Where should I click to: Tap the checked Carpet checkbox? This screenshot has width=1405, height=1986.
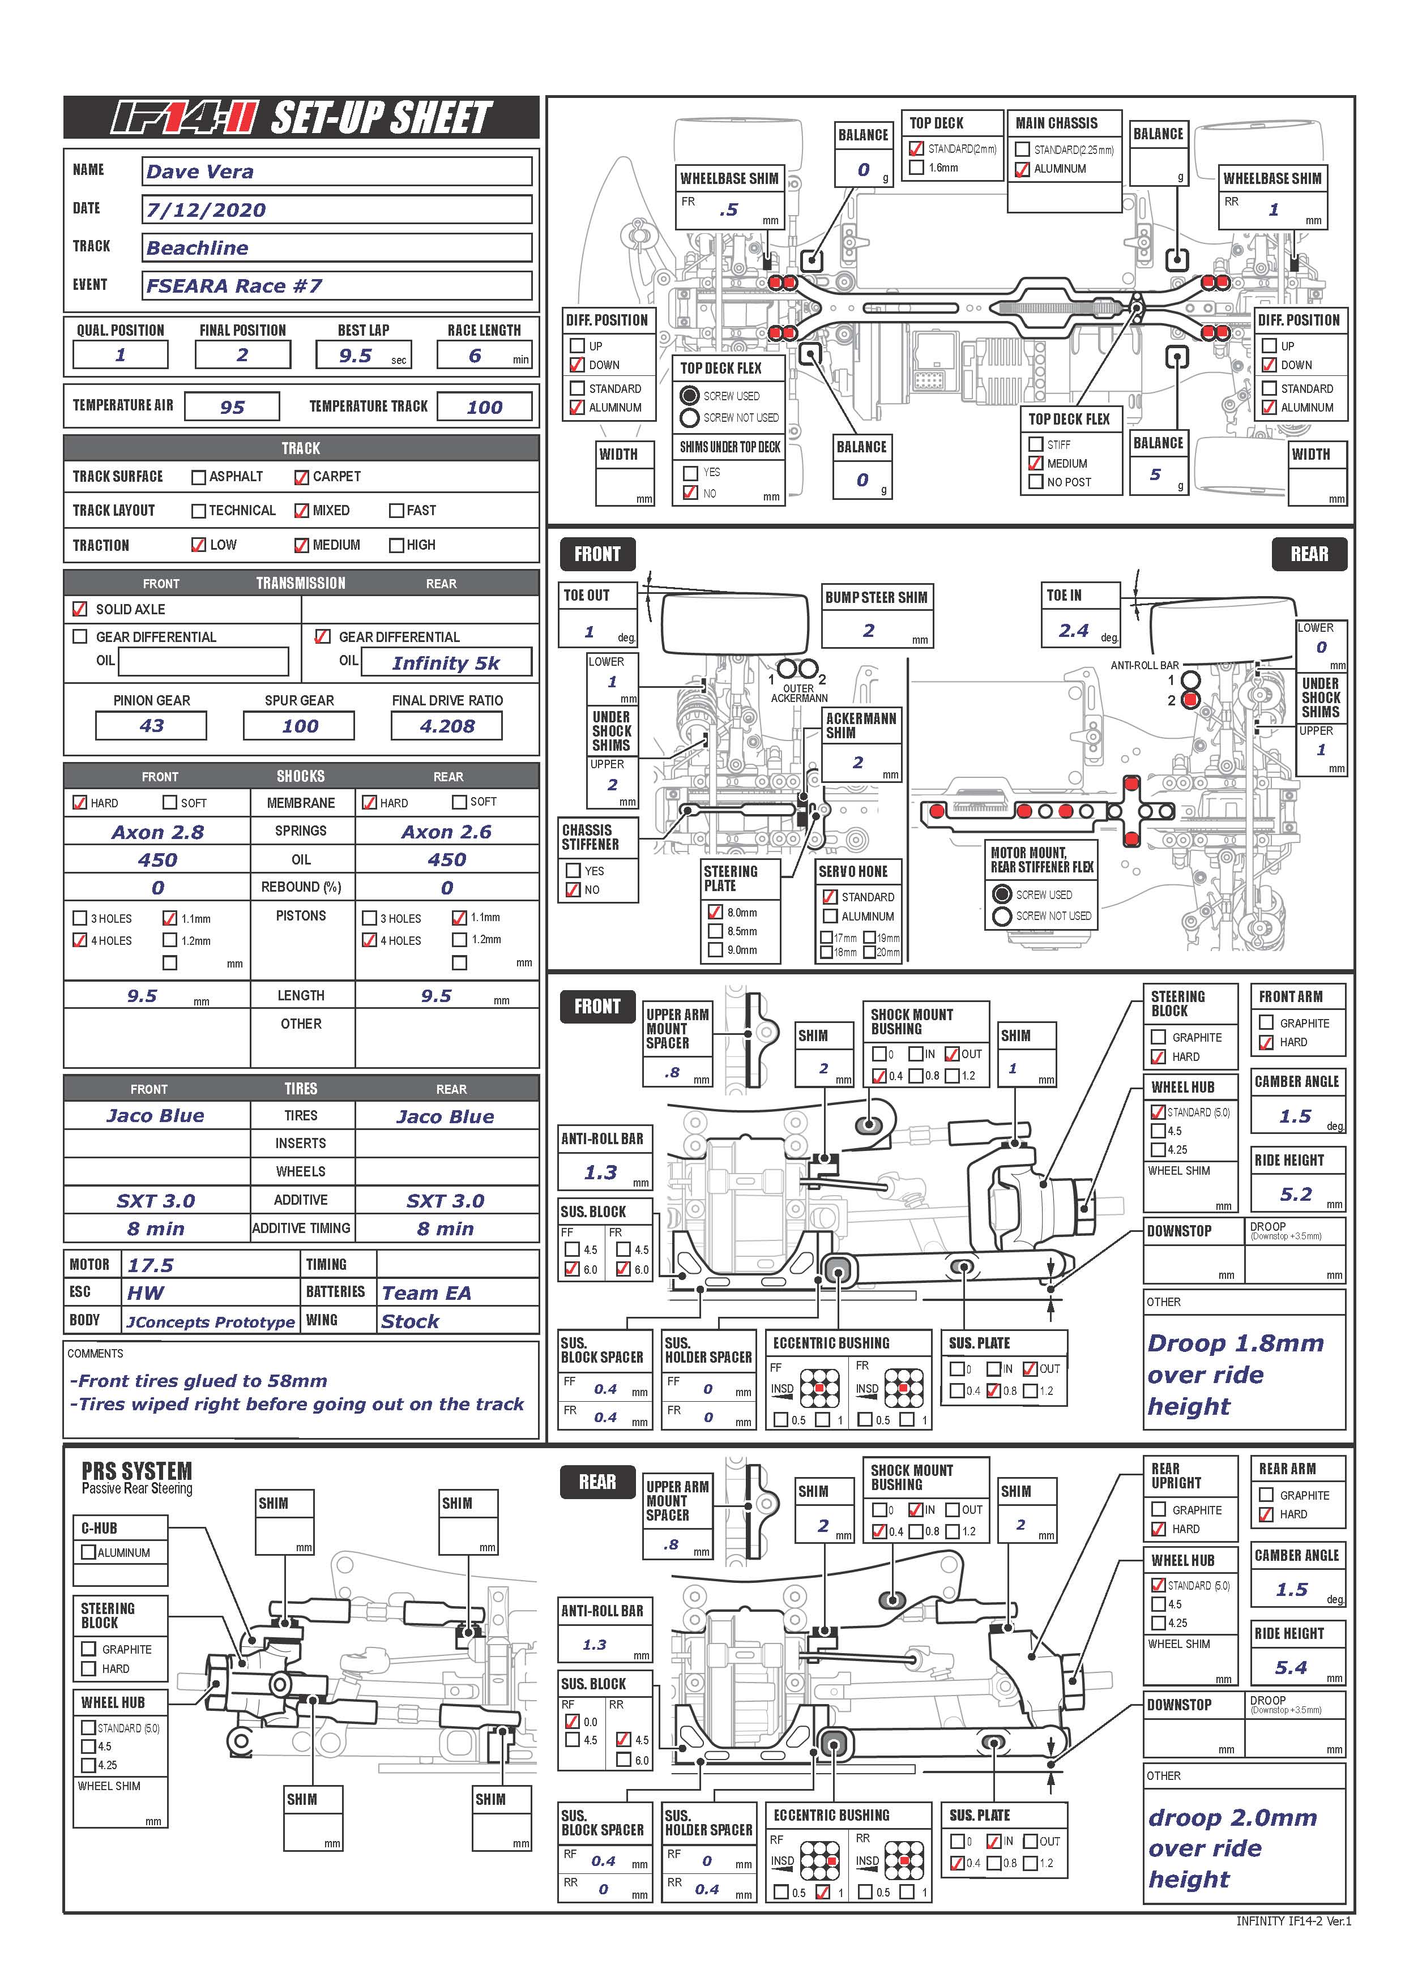pyautogui.click(x=301, y=477)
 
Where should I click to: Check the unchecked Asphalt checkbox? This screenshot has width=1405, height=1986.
pyautogui.click(x=198, y=477)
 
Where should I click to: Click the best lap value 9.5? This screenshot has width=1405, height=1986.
pyautogui.click(x=356, y=356)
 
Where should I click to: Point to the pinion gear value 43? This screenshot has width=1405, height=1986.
pyautogui.click(x=151, y=726)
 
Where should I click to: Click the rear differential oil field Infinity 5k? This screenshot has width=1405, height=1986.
pyautogui.click(x=446, y=664)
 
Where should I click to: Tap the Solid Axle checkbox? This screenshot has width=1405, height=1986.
pyautogui.click(x=80, y=609)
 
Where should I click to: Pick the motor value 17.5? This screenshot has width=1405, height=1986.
pyautogui.click(x=151, y=1265)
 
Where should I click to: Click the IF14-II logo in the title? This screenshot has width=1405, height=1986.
pyautogui.click(x=184, y=118)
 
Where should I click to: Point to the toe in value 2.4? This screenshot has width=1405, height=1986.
pyautogui.click(x=1074, y=631)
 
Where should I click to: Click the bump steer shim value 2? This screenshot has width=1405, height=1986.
pyautogui.click(x=869, y=631)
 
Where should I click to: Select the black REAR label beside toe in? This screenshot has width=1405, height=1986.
pyautogui.click(x=1309, y=554)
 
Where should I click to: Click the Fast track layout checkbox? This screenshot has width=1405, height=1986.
pyautogui.click(x=396, y=510)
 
